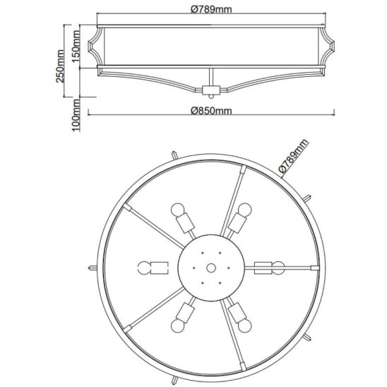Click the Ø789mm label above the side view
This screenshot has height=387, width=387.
pyautogui.click(x=211, y=9)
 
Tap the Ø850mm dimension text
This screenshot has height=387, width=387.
pyautogui.click(x=211, y=111)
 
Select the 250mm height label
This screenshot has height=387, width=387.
pyautogui.click(x=60, y=66)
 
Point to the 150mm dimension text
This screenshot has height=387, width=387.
pyautogui.click(x=76, y=47)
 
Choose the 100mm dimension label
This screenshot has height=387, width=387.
pyautogui.click(x=76, y=115)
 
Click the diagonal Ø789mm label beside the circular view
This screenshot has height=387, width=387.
pyautogui.click(x=294, y=155)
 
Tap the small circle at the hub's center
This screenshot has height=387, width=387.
pyautogui.click(x=211, y=268)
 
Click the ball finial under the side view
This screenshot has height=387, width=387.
pyautogui.click(x=211, y=96)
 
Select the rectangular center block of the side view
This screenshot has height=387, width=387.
pyautogui.click(x=211, y=90)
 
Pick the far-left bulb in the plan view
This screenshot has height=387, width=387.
pyautogui.click(x=143, y=268)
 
